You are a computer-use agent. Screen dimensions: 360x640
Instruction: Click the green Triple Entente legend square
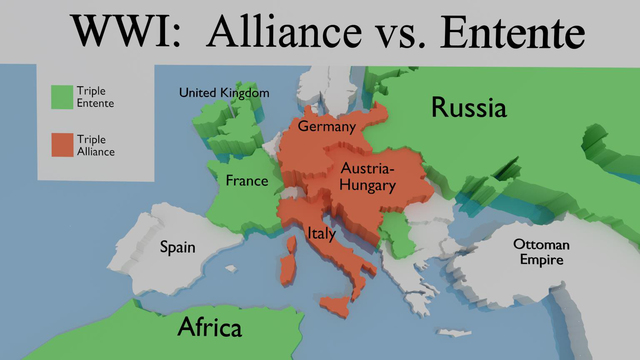[x=62, y=95]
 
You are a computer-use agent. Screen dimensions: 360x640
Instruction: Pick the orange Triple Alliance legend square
[x=62, y=145]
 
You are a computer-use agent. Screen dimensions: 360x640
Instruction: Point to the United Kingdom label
[x=224, y=93]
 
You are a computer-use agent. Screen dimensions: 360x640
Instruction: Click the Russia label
[x=469, y=108]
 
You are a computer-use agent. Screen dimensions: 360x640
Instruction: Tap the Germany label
[x=327, y=128]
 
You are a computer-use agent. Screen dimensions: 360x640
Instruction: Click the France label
[x=247, y=181]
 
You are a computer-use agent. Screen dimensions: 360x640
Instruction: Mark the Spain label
[x=177, y=247]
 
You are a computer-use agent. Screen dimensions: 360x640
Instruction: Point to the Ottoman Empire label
[x=541, y=252]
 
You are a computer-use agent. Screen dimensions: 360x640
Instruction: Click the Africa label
[x=210, y=327]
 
